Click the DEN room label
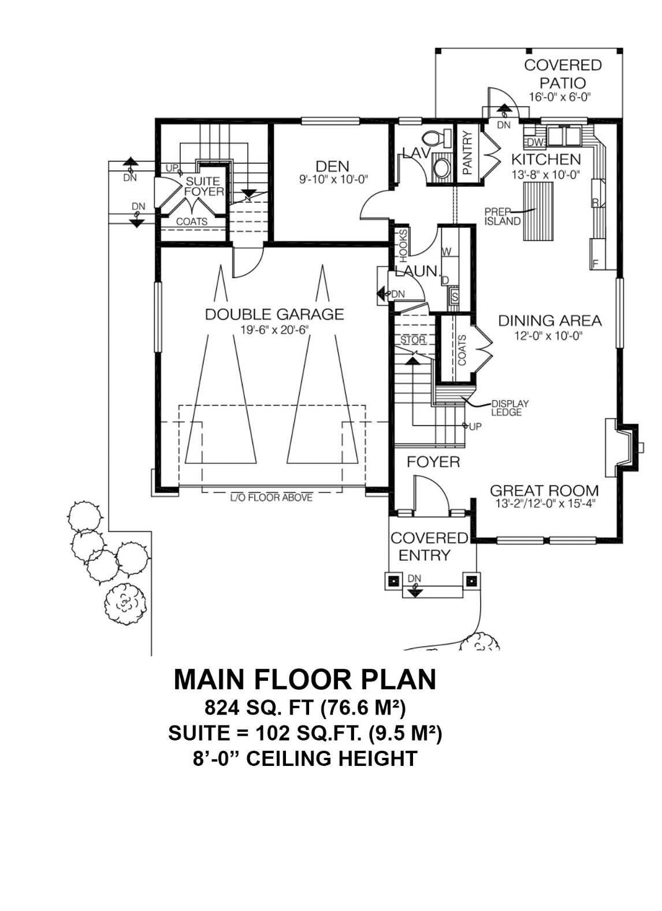[x=332, y=166]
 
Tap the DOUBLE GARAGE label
[x=274, y=314]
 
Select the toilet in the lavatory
[x=437, y=139]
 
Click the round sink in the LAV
[x=443, y=169]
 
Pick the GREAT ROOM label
[x=544, y=491]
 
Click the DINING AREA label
[x=549, y=320]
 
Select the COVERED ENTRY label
[x=429, y=546]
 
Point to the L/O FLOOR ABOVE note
[x=272, y=497]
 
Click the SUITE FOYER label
[x=203, y=187]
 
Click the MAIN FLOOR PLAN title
[x=305, y=680]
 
